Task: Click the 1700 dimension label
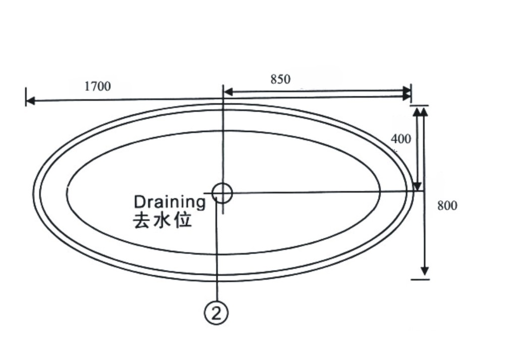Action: click(x=97, y=86)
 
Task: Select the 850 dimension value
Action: click(x=280, y=79)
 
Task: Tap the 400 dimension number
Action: click(x=401, y=139)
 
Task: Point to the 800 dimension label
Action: click(x=447, y=205)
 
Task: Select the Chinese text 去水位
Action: click(x=162, y=221)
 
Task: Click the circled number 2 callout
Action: click(x=216, y=313)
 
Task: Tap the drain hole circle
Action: click(x=222, y=193)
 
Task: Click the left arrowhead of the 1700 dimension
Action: click(x=30, y=101)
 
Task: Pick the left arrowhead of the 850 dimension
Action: click(x=228, y=92)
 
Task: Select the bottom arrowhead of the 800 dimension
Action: click(x=424, y=271)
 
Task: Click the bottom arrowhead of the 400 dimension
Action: click(x=417, y=186)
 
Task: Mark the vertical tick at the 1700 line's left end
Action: click(x=26, y=97)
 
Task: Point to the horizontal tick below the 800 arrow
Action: click(x=420, y=279)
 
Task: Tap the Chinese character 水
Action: click(x=162, y=221)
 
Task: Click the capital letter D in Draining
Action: click(x=139, y=202)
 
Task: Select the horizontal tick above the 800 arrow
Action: click(x=419, y=106)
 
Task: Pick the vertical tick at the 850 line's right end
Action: click(x=411, y=93)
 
